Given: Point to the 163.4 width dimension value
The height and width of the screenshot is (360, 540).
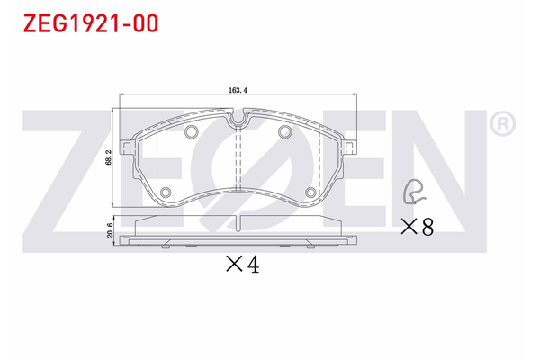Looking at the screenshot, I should click(x=238, y=90).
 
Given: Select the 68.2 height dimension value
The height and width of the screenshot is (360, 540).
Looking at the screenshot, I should click(x=108, y=158).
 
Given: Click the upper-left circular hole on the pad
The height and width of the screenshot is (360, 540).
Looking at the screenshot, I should click(x=191, y=133).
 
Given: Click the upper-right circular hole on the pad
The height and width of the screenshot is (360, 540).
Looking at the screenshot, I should click(x=284, y=133).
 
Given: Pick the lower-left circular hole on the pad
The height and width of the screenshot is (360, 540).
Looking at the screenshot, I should click(x=166, y=193).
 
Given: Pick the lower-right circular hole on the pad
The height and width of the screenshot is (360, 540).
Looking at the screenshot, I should click(x=310, y=193).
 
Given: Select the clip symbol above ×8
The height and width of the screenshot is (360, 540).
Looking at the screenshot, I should click(x=414, y=191).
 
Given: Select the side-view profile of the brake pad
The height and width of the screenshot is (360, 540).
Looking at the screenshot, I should click(x=238, y=233).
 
